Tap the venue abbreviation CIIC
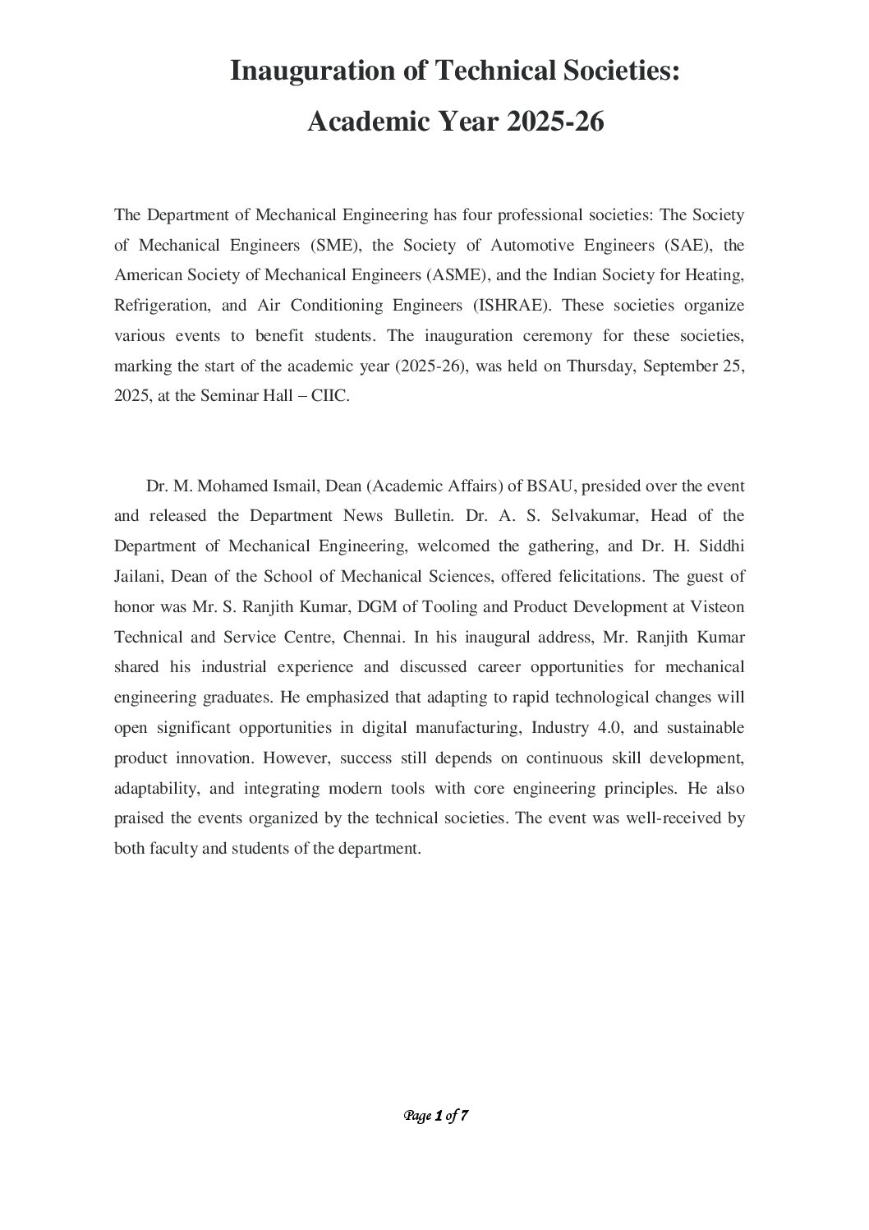click(330, 396)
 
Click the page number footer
click(435, 1116)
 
